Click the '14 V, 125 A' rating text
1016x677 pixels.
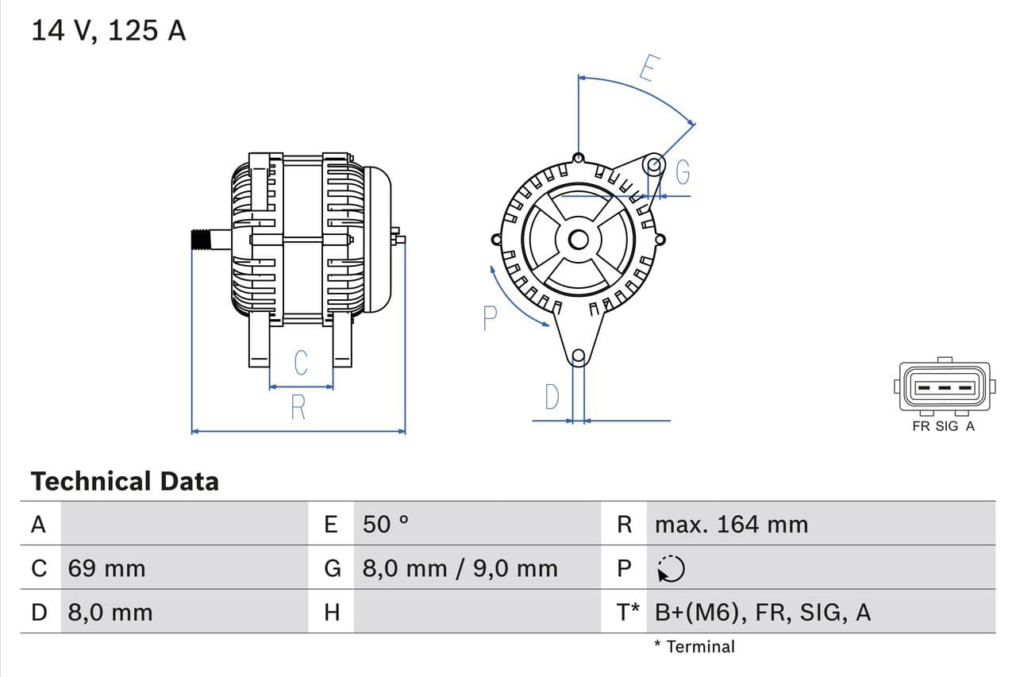108,30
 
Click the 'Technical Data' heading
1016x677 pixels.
125,481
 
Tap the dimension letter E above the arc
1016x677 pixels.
648,69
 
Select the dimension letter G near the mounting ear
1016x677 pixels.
682,171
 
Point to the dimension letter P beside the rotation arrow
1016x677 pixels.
490,319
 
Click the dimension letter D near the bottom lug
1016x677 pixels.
552,397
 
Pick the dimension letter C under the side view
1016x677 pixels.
300,363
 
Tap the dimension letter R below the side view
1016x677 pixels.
298,407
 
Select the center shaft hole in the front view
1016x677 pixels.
579,239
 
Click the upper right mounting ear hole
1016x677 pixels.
653,165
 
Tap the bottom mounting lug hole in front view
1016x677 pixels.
579,356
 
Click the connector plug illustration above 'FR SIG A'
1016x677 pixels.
944,387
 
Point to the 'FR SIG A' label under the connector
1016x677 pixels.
943,426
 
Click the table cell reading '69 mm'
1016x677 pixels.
106,568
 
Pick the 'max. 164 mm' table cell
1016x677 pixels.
731,524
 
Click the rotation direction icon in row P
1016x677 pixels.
672,568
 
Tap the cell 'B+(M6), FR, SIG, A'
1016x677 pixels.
762,612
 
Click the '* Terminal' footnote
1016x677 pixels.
695,646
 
